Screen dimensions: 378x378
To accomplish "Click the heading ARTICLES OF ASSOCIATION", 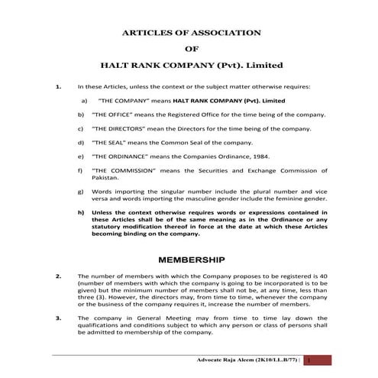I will [x=192, y=33].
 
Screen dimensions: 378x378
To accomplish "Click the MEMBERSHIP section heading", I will [x=192, y=259].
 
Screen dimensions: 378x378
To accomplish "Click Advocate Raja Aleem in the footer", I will [x=221, y=358].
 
